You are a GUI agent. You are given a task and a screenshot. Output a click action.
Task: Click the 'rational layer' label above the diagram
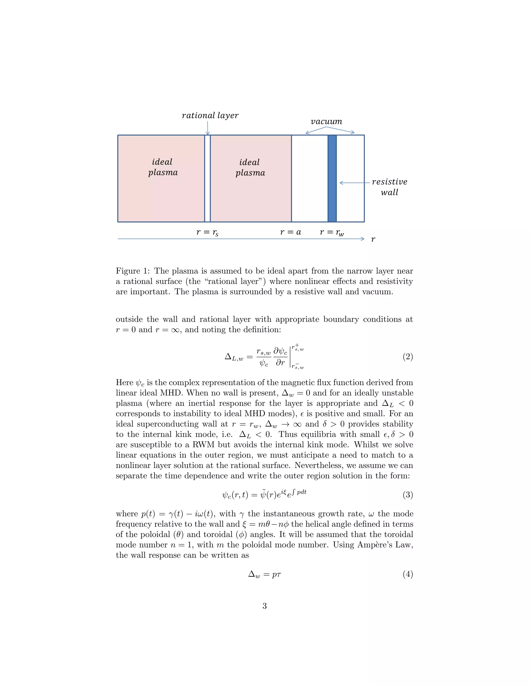click(x=210, y=116)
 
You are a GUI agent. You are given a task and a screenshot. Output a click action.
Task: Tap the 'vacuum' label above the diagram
click(x=326, y=122)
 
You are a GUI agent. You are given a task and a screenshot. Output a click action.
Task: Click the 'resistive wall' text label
click(x=389, y=187)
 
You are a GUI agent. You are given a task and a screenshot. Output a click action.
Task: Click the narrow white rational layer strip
click(x=207, y=178)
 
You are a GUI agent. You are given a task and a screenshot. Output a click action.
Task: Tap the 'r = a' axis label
click(x=290, y=232)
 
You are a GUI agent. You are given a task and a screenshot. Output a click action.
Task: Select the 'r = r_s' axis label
click(x=207, y=232)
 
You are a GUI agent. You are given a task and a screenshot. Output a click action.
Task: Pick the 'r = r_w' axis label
click(x=332, y=232)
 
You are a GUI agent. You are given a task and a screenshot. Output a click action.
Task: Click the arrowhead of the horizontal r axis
click(x=362, y=239)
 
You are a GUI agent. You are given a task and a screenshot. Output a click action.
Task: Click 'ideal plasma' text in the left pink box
click(x=163, y=167)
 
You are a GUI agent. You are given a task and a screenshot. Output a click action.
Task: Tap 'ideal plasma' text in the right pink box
click(x=250, y=167)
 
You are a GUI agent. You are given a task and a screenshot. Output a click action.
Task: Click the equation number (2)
click(x=408, y=356)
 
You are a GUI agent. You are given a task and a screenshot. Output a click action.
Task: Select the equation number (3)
click(x=408, y=495)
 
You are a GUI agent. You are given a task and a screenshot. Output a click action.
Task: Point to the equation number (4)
click(x=408, y=574)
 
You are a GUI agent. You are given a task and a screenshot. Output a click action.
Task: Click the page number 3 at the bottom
click(x=264, y=606)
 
